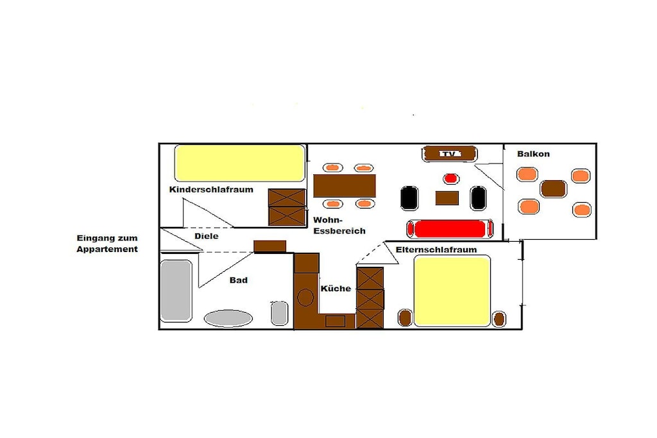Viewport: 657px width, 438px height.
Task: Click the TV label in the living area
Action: pyautogui.click(x=449, y=154)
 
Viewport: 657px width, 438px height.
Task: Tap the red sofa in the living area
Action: pyautogui.click(x=450, y=229)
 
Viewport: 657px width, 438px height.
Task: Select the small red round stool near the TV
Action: pyautogui.click(x=450, y=179)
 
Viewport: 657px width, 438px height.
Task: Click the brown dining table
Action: pyautogui.click(x=345, y=186)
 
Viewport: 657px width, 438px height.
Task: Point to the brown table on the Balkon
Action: pyautogui.click(x=553, y=189)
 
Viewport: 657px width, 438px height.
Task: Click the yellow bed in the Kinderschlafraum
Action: pyautogui.click(x=240, y=163)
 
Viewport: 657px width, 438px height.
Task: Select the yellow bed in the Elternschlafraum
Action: pyautogui.click(x=452, y=291)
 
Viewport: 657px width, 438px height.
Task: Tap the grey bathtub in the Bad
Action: pyautogui.click(x=176, y=291)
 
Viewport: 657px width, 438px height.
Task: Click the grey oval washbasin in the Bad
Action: pyautogui.click(x=228, y=319)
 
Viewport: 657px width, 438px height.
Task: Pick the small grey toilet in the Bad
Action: pyautogui.click(x=280, y=313)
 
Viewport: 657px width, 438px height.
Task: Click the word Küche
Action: pyautogui.click(x=336, y=289)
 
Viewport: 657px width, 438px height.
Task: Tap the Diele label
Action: pyautogui.click(x=206, y=236)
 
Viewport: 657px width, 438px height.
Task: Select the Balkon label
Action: pyautogui.click(x=533, y=154)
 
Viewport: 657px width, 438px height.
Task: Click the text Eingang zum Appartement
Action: pyautogui.click(x=107, y=244)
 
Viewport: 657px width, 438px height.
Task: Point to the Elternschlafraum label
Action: pyautogui.click(x=436, y=250)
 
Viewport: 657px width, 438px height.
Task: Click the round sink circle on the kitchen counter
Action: pyautogui.click(x=305, y=298)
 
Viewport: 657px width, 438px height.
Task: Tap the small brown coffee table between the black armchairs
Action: pyautogui.click(x=447, y=198)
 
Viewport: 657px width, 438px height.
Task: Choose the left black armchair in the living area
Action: pyautogui.click(x=409, y=198)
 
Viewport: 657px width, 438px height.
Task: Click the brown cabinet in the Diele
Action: pyautogui.click(x=270, y=247)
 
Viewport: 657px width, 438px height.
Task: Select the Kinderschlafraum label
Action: pyautogui.click(x=211, y=189)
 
